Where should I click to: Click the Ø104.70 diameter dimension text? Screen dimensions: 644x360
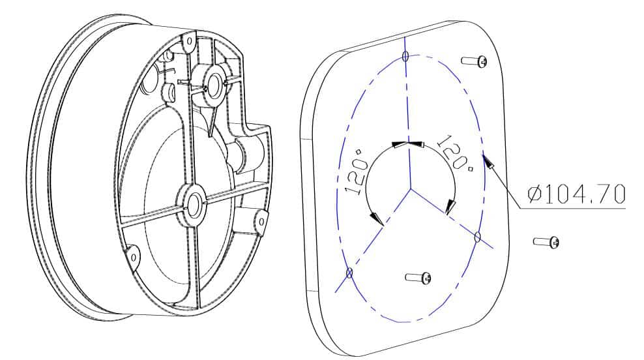click(576, 194)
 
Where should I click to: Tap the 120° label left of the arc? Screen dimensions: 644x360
click(356, 172)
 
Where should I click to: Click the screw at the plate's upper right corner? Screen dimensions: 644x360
click(475, 61)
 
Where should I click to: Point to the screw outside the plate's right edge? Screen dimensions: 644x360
click(546, 242)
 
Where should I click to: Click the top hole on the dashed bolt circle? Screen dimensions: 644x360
click(405, 56)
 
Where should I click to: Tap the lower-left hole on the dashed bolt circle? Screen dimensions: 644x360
click(349, 272)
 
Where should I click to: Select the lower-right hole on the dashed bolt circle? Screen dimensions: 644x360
click(477, 237)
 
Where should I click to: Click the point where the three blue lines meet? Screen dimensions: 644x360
click(411, 188)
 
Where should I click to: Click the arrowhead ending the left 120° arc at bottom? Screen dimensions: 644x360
click(377, 218)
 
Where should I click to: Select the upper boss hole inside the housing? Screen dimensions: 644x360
click(214, 85)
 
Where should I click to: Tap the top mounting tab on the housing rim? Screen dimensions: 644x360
click(188, 42)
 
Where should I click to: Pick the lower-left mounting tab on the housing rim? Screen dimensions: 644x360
click(134, 256)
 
